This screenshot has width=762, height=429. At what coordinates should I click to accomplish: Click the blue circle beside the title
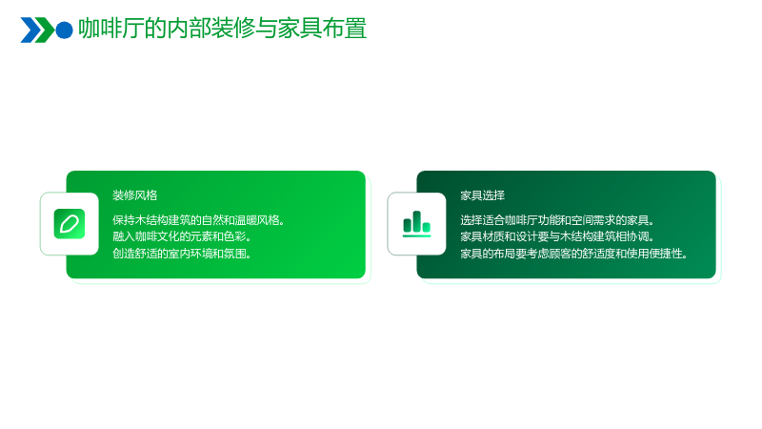point(64,31)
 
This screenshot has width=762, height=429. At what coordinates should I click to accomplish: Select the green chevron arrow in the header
point(45,31)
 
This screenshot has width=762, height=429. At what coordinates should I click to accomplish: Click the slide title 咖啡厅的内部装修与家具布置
point(223,29)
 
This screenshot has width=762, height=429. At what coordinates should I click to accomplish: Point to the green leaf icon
point(70,224)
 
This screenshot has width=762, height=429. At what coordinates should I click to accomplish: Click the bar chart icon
point(417,224)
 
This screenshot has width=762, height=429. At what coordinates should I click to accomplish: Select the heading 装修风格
point(135,195)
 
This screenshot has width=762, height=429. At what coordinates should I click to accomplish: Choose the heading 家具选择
point(483,195)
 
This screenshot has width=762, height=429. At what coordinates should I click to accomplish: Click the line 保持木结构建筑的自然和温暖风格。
point(198,220)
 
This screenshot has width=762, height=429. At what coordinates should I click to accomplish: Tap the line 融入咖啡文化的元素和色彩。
point(182,236)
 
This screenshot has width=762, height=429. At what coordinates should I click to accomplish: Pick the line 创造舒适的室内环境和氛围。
point(182,254)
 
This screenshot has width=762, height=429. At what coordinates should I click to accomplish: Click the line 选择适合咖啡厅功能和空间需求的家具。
point(557,220)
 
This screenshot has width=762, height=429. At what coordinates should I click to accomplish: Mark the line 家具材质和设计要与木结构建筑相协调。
point(557,236)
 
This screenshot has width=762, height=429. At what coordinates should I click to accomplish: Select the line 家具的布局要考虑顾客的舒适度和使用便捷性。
point(573,254)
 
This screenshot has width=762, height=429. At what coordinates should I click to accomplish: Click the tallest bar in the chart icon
point(417,221)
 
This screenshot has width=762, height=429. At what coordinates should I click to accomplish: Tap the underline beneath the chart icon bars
point(417,235)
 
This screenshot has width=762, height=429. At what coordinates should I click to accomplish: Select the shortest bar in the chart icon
point(426,227)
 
